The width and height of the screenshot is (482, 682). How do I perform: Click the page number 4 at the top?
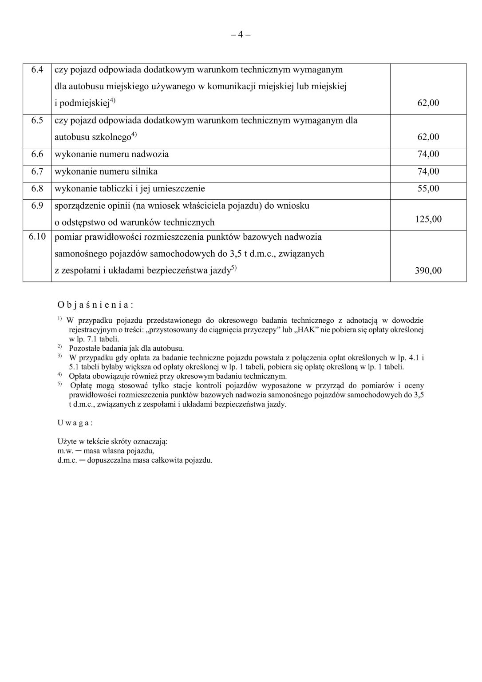pyautogui.click(x=241, y=35)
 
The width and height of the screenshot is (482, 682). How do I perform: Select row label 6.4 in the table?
pyautogui.click(x=37, y=70)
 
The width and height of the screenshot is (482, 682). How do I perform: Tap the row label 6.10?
pyautogui.click(x=37, y=237)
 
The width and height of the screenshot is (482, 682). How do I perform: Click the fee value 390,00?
pyautogui.click(x=428, y=270)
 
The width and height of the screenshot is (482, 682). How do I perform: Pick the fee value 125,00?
pyautogui.click(x=428, y=219)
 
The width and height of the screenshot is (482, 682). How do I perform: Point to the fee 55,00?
pyautogui.click(x=428, y=188)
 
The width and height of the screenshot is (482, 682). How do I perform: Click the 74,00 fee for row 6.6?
pyautogui.click(x=428, y=154)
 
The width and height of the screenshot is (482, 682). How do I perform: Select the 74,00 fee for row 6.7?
pyautogui.click(x=428, y=171)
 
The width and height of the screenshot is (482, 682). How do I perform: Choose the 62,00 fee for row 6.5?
pyautogui.click(x=428, y=137)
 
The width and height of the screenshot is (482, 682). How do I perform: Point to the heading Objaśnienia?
pyautogui.click(x=95, y=305)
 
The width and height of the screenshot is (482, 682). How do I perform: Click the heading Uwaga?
pyautogui.click(x=75, y=423)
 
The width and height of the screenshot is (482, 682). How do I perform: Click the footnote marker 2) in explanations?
pyautogui.click(x=59, y=346)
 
